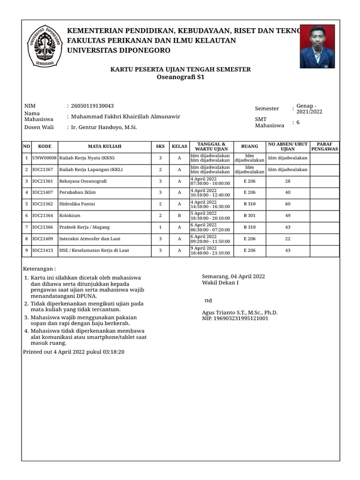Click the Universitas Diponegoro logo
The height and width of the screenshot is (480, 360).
pyautogui.click(x=45, y=45)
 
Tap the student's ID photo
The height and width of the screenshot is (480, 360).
pyautogui.click(x=317, y=46)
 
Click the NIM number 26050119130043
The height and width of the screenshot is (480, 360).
pyautogui.click(x=92, y=106)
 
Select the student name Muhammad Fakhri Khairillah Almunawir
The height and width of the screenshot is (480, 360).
pyautogui.click(x=125, y=117)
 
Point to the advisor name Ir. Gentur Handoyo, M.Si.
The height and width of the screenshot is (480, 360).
pyautogui.click(x=104, y=127)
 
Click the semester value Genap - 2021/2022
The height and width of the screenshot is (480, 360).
pyautogui.click(x=309, y=109)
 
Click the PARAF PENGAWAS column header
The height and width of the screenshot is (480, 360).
pyautogui.click(x=324, y=146)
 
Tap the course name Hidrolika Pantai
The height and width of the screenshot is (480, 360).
pyautogui.click(x=78, y=204)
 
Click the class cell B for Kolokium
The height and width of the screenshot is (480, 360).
pyautogui.click(x=179, y=216)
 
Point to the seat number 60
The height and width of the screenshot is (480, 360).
pyautogui.click(x=288, y=204)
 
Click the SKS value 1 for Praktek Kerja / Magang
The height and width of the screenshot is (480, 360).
pyautogui.click(x=160, y=227)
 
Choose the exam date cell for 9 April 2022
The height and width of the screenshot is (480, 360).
pyautogui.click(x=210, y=250)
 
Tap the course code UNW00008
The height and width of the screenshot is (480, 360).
pyautogui.click(x=44, y=158)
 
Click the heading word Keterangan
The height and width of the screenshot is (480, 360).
pyautogui.click(x=39, y=269)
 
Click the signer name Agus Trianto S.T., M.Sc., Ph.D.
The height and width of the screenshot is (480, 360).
pyautogui.click(x=240, y=313)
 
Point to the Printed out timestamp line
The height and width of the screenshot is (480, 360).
pyautogui.click(x=74, y=352)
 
